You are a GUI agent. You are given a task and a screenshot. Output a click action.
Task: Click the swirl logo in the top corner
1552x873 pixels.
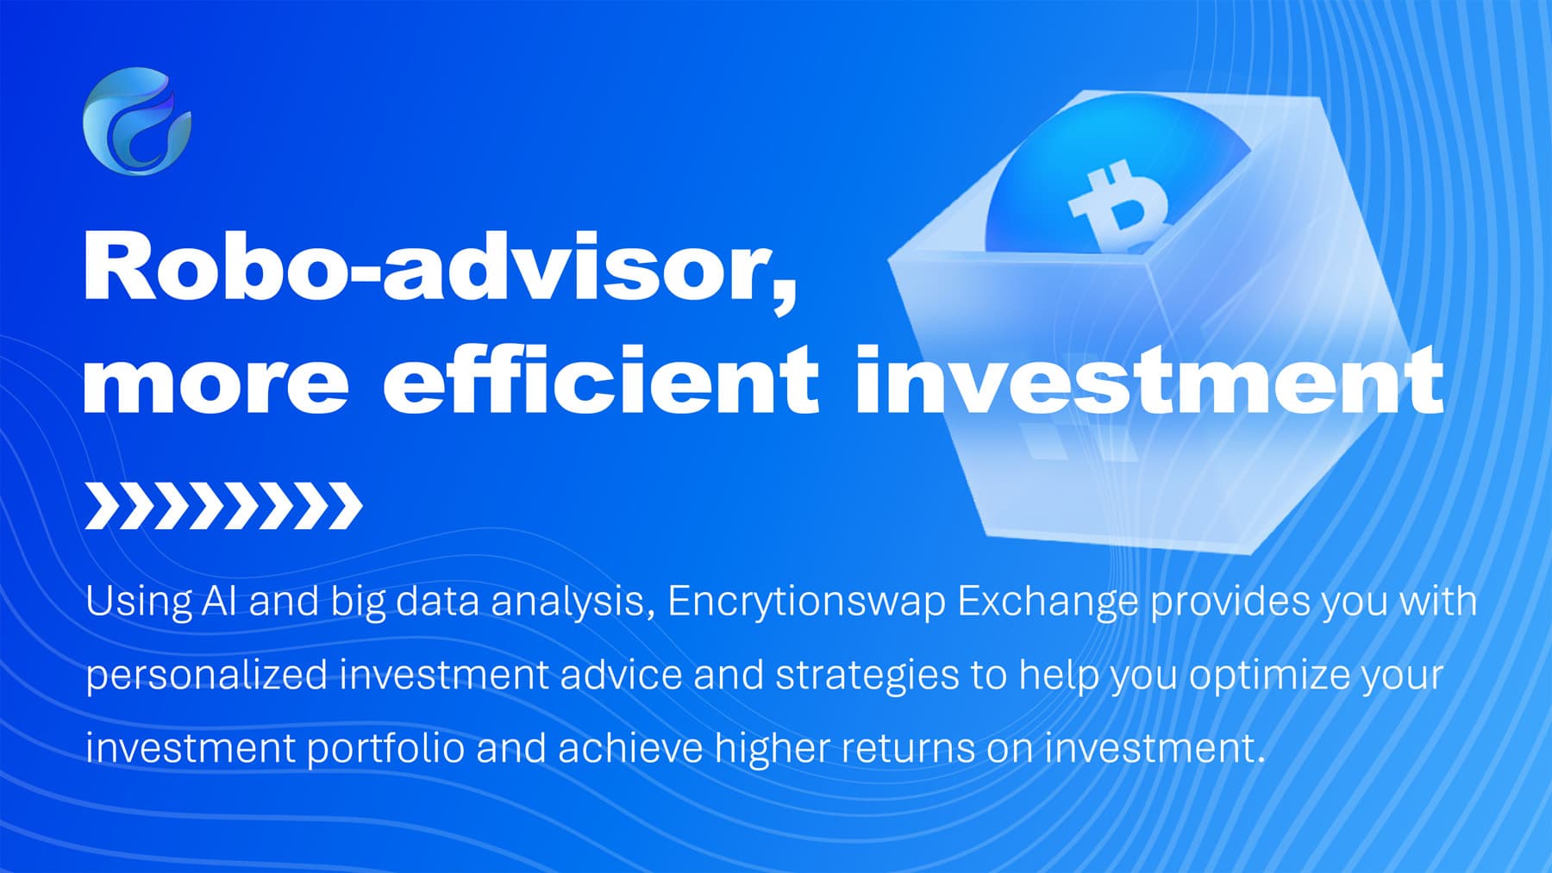point(137,122)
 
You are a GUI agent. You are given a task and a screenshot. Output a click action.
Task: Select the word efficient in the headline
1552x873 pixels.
point(601,380)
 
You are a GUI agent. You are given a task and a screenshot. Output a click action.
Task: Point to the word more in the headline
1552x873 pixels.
point(216,380)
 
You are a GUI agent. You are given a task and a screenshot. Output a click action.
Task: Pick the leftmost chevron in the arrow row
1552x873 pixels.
point(104,506)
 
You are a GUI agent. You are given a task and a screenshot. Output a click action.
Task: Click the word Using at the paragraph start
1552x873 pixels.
point(138,602)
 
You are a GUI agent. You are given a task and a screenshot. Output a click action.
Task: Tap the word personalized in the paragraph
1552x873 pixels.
point(206,675)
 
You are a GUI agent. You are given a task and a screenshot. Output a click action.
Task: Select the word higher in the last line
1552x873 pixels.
point(773,747)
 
